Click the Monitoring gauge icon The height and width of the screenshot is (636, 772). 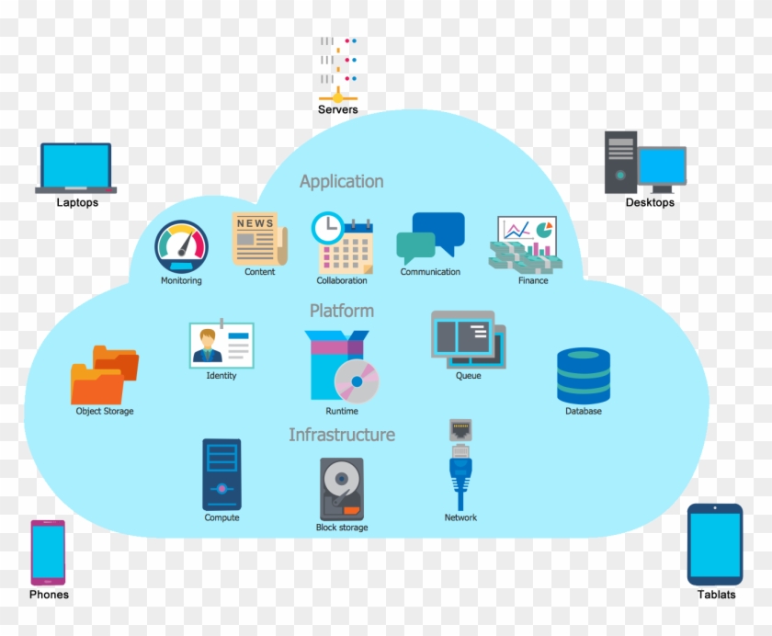point(181,246)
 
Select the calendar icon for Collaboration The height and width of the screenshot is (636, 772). point(342,244)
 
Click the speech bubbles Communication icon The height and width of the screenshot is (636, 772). point(430,238)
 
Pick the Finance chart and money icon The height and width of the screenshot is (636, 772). point(527,244)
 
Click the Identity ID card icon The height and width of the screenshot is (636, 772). point(221,345)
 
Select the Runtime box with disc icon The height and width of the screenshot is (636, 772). point(342,366)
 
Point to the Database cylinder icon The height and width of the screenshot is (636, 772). point(583,375)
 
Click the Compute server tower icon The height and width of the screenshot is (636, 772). point(221,474)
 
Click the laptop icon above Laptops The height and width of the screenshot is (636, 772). point(75,167)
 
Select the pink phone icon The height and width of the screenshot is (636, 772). point(48,552)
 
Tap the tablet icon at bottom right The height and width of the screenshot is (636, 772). point(715,544)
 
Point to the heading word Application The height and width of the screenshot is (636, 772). point(341,181)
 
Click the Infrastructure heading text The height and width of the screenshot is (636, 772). point(342,435)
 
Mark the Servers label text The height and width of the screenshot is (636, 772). point(337,110)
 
